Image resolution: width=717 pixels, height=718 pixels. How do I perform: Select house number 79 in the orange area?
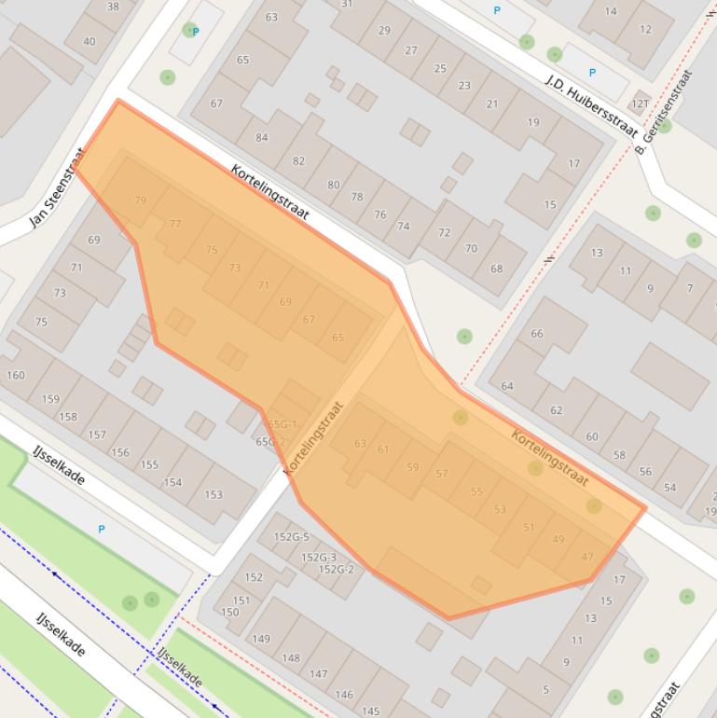141,200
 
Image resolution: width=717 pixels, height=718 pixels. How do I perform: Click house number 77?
175,224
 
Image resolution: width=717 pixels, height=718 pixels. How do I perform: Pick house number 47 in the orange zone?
586,557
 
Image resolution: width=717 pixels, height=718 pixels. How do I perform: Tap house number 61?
383,449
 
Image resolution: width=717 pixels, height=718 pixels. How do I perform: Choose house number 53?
500,509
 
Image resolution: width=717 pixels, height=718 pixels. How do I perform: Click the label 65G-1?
282,424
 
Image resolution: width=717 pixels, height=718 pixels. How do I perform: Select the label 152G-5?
291,537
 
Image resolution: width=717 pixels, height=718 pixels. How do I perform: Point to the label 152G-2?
336,569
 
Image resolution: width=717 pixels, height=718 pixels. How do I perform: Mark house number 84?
261,138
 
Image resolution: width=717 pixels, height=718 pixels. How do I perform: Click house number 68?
496,269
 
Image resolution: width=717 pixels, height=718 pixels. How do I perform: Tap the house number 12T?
640,104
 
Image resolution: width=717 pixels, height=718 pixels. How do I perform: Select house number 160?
15,376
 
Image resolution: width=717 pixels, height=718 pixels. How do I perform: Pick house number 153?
214,494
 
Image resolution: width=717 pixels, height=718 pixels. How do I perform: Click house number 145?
370,711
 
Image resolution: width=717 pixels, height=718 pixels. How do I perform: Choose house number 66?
536,334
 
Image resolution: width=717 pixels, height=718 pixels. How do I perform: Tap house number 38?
113,7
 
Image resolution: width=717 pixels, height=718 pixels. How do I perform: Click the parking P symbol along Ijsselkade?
102,530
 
